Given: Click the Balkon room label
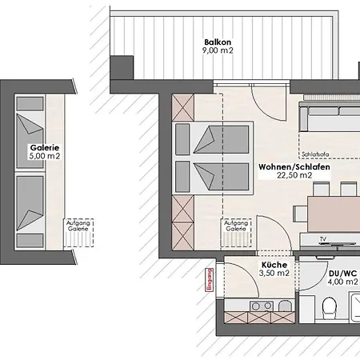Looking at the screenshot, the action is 218,42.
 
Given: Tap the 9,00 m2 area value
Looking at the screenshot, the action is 218,50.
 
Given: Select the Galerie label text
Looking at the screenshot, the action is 45,148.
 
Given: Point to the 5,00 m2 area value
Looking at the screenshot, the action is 45,156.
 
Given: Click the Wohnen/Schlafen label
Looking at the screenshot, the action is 294,167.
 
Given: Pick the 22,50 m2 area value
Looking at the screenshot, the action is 294,175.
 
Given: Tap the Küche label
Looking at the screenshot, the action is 274,265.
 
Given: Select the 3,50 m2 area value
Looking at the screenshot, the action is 274,273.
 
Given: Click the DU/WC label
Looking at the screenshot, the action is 342,274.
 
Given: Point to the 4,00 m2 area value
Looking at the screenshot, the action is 342,282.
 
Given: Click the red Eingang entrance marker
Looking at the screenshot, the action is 210,280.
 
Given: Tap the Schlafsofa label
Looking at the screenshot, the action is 315,154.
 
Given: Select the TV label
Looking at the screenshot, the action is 323,239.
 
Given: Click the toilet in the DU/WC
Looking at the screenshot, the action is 329,307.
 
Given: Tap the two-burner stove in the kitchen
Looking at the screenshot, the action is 262,306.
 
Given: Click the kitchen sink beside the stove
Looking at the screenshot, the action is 285,306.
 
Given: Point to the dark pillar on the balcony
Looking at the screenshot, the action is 122,67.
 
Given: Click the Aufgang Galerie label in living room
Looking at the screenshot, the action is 236,226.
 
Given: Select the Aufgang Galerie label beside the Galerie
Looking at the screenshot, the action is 78,226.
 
